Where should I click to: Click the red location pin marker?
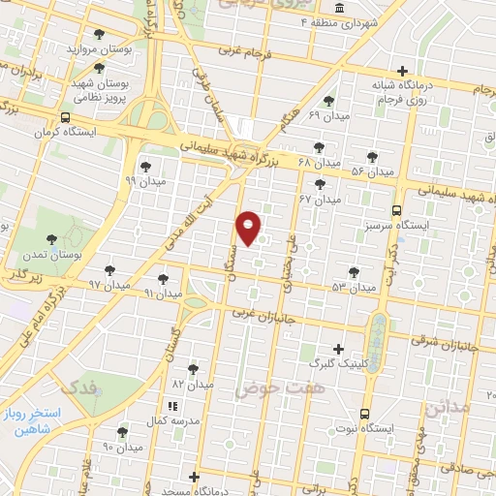pos(249,228)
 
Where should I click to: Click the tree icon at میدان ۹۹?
pos(145,167)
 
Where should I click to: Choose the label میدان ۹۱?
pos(162,292)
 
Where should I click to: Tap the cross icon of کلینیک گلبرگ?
pos(338,349)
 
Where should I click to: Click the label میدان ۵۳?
pos(352,288)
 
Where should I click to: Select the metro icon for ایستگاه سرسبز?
pos(396,210)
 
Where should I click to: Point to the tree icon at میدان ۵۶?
pos(373,156)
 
